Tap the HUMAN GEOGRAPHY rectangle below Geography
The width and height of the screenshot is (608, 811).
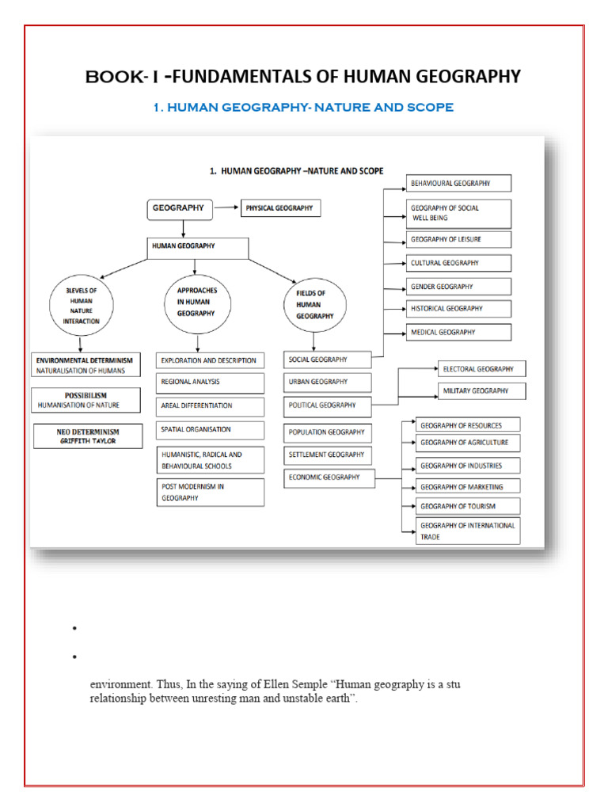[x=198, y=247]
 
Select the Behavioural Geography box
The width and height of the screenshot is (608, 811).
[x=458, y=184]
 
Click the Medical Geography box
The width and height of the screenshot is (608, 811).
[x=458, y=333]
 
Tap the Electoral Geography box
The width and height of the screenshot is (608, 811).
[x=481, y=369]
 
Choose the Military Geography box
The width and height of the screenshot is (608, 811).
[x=481, y=390]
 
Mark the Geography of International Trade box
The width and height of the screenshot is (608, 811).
[x=469, y=531]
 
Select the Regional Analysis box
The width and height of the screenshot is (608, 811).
[x=210, y=383]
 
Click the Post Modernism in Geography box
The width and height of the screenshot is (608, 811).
[x=210, y=493]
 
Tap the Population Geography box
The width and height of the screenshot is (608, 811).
[x=326, y=432]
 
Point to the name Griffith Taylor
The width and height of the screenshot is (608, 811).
[x=87, y=441]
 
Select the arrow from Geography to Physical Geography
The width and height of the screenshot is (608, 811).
[x=227, y=209]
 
